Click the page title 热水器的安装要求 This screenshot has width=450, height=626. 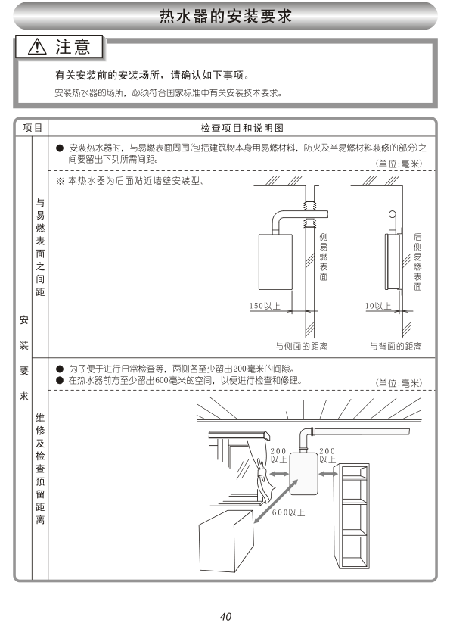[x=226, y=16]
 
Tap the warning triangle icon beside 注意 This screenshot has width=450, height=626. [x=38, y=47]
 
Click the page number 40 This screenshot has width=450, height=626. [x=225, y=616]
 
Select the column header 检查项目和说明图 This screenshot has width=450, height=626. [x=242, y=128]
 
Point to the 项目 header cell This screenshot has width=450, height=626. [x=33, y=128]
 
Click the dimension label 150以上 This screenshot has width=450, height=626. [x=265, y=306]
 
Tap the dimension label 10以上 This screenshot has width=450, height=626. [x=378, y=306]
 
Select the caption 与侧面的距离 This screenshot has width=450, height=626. [x=302, y=346]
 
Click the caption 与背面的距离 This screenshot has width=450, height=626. [x=396, y=346]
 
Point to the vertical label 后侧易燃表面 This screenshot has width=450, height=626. [x=417, y=262]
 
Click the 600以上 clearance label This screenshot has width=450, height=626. [x=288, y=512]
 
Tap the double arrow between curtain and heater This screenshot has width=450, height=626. [x=279, y=474]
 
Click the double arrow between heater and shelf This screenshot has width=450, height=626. [x=328, y=474]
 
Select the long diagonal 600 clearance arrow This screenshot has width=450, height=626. [x=275, y=501]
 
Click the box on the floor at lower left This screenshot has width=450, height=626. [x=226, y=541]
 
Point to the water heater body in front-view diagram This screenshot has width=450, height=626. [x=275, y=261]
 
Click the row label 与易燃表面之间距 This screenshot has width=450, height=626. [x=40, y=248]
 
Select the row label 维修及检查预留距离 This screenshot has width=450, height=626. [x=40, y=469]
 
